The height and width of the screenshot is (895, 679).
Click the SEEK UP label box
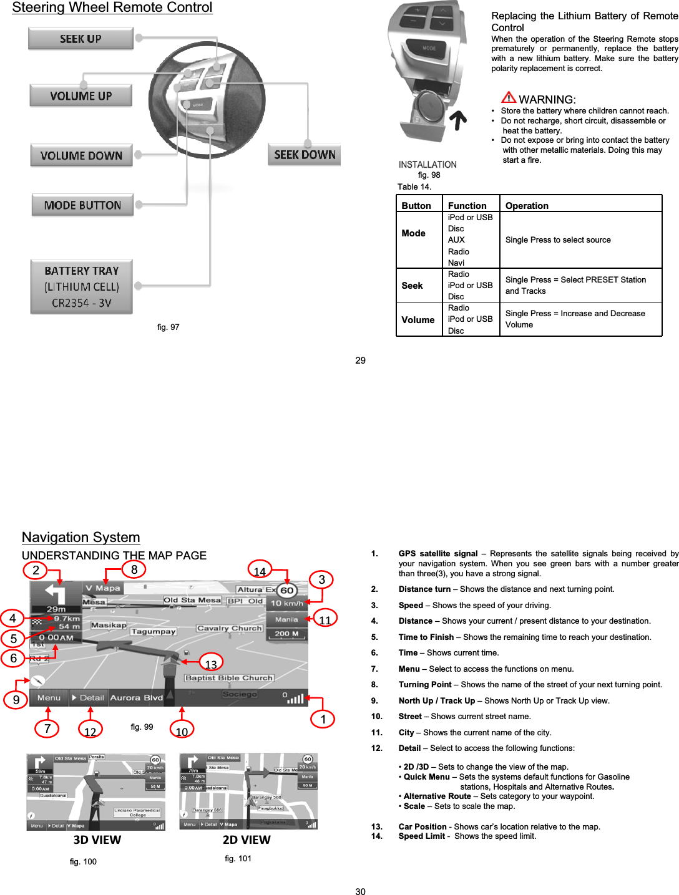coord(81,39)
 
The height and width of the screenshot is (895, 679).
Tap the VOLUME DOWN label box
coord(81,155)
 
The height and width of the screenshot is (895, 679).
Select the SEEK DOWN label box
coord(305,155)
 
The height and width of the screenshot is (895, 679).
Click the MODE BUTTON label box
coord(82,205)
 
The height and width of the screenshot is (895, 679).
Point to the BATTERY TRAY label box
coord(81,287)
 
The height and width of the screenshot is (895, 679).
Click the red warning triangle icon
coord(509,97)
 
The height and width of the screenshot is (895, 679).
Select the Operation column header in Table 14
coord(527,206)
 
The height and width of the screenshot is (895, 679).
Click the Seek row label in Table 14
coord(412,286)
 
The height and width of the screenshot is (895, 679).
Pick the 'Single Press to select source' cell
coord(558,240)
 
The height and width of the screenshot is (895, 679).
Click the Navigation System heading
coord(81,537)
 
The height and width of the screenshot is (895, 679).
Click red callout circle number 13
coord(211,664)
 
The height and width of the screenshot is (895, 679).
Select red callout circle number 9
coord(16,699)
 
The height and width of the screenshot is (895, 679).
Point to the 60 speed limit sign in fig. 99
coord(286,590)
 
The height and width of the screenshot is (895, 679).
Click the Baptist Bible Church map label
coord(229,678)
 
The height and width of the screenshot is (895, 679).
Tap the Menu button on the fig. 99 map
coord(49,698)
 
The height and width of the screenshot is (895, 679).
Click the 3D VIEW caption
coord(97,839)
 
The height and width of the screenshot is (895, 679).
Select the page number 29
coord(360,360)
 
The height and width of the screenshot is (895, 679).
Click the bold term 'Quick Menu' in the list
coord(427,776)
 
